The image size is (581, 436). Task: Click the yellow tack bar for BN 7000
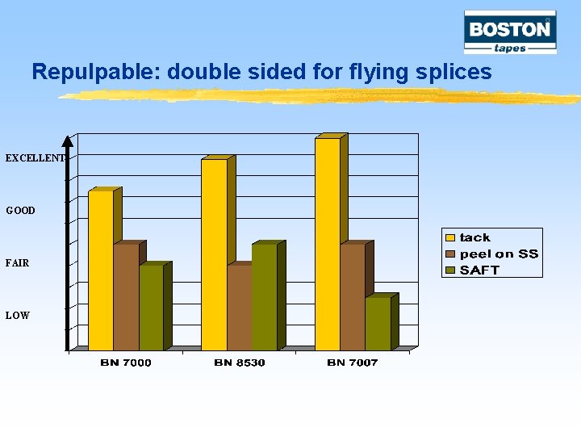[100, 270]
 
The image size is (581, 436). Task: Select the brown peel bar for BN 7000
[126, 297]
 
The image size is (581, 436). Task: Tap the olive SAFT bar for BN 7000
[151, 308]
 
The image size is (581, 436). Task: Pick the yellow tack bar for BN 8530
[214, 254]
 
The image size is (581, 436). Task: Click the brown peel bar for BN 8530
[239, 308]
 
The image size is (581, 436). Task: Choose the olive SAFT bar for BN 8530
[264, 297]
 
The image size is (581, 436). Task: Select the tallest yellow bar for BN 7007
[327, 244]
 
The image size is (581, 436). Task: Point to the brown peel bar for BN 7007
[353, 297]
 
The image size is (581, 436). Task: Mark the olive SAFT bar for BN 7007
[378, 324]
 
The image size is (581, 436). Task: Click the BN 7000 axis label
[126, 363]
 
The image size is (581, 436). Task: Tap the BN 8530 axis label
[240, 363]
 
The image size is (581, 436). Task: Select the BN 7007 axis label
[353, 363]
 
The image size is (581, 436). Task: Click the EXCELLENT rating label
[34, 158]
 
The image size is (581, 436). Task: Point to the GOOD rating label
[21, 211]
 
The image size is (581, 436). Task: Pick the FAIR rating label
[18, 263]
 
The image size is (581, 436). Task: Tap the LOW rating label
[18, 316]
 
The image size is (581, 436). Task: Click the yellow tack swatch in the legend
[450, 237]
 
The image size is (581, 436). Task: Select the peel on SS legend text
[499, 254]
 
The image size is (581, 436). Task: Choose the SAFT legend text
[479, 270]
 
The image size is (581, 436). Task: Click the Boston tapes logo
[510, 32]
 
